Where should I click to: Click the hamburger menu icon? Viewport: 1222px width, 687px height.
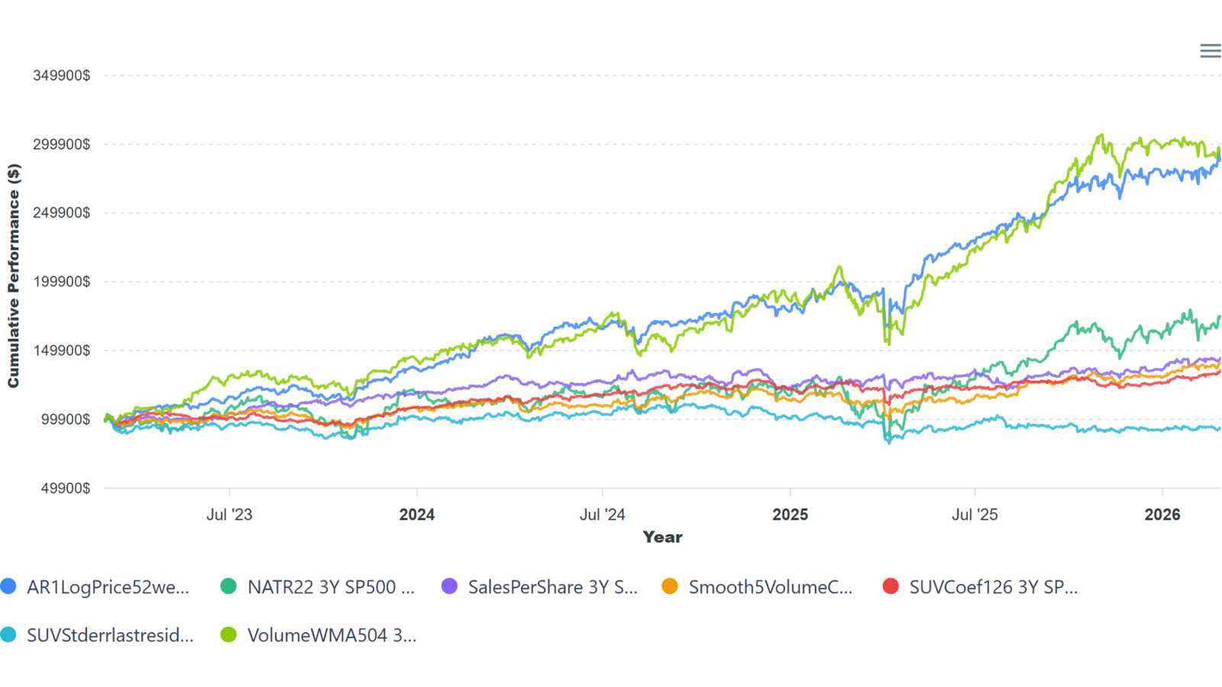click(x=1210, y=51)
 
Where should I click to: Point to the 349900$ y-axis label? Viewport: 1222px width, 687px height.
click(x=62, y=76)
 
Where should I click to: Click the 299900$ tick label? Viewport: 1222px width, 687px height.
click(x=62, y=144)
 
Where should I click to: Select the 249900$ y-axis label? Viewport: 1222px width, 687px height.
click(x=62, y=213)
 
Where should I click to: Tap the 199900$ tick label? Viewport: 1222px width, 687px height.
click(x=62, y=282)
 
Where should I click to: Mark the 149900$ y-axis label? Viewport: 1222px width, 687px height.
click(x=62, y=350)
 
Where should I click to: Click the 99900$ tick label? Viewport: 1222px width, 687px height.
click(x=66, y=419)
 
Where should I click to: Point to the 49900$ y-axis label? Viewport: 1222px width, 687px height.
click(x=66, y=488)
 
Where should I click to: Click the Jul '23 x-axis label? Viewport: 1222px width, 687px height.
click(x=229, y=514)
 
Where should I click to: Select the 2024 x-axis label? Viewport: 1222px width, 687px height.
click(x=417, y=514)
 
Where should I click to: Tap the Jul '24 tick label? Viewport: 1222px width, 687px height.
click(x=603, y=514)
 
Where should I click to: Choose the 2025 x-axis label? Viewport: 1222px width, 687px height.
click(x=790, y=514)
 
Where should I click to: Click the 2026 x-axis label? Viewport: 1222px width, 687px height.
click(x=1162, y=514)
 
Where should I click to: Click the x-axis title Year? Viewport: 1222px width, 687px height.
click(x=662, y=537)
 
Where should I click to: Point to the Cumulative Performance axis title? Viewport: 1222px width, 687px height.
click(x=14, y=276)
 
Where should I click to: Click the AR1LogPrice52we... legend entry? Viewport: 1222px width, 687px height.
click(x=107, y=587)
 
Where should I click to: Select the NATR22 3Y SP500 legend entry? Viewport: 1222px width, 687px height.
click(x=330, y=587)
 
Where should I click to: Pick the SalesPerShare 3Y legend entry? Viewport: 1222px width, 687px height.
click(x=551, y=587)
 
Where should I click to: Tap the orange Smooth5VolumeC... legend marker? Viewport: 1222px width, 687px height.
click(x=670, y=586)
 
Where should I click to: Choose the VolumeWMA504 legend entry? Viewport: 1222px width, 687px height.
click(x=331, y=635)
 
